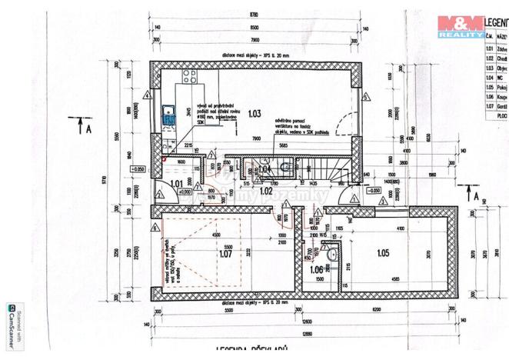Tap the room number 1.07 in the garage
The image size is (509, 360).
pyautogui.click(x=225, y=253)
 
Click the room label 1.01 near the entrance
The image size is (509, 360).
pyautogui.click(x=175, y=184)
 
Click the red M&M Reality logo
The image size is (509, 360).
pyautogui.click(x=460, y=25)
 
